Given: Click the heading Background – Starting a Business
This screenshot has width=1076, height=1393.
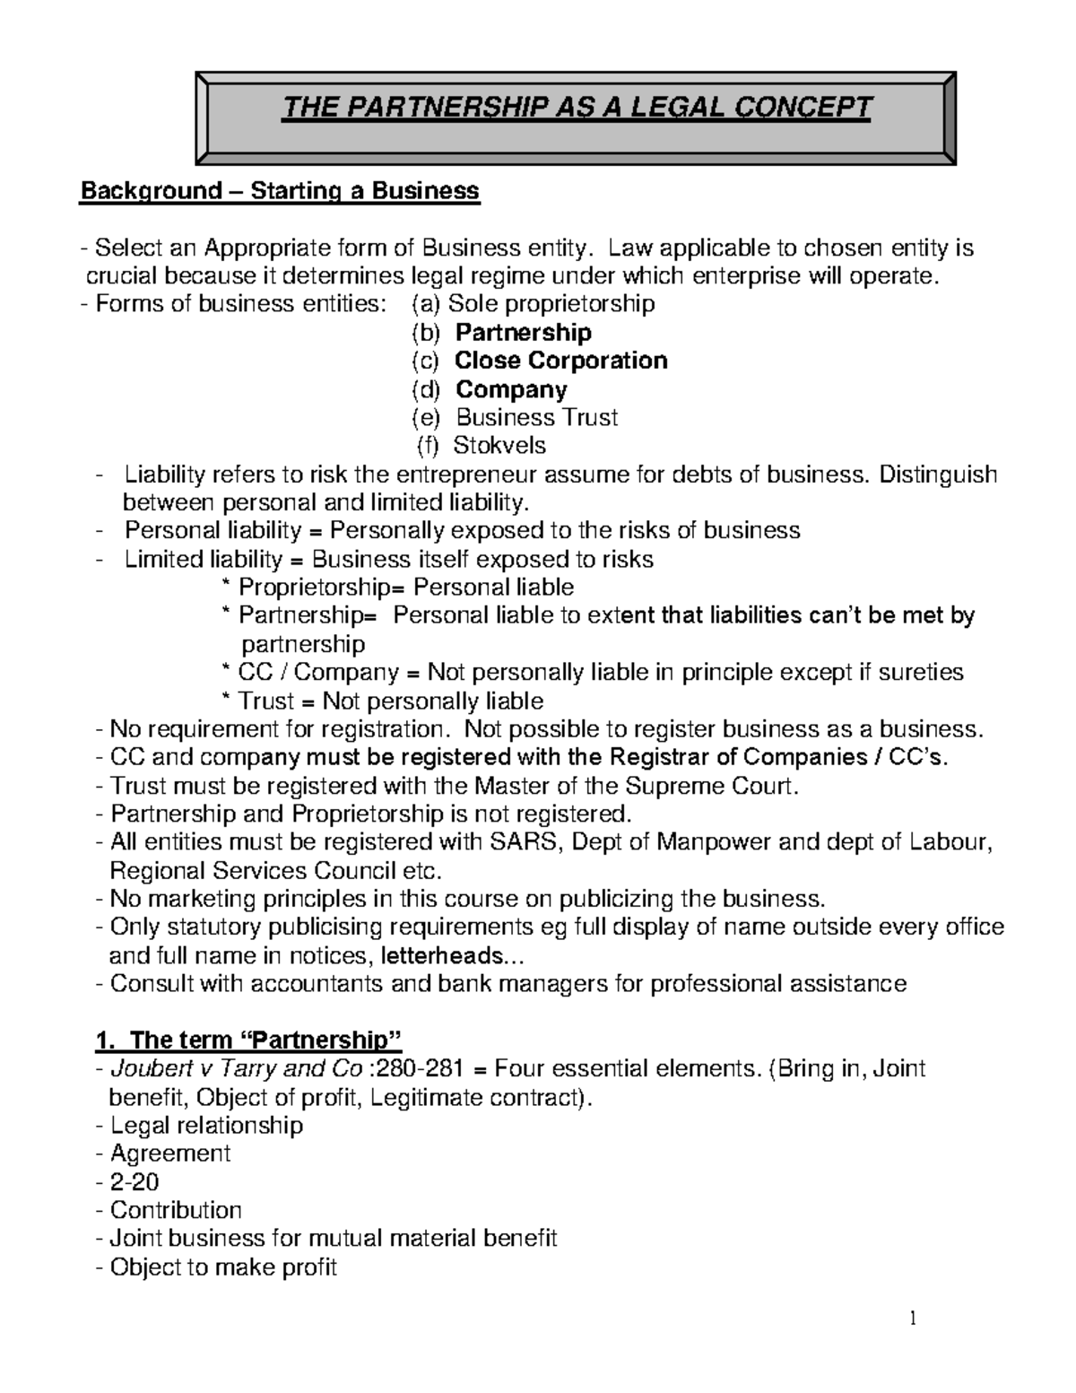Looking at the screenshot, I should click(281, 191).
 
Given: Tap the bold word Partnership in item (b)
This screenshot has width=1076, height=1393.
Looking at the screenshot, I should click(524, 333).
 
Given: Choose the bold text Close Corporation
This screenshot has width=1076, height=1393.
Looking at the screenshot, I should click(561, 361).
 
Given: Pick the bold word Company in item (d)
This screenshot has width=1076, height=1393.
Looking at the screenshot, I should click(511, 389).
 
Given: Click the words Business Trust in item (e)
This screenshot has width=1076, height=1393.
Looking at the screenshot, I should click(537, 417).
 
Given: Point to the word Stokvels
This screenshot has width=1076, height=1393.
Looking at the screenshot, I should click(499, 446).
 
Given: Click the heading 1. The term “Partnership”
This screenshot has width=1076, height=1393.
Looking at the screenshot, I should click(248, 1040).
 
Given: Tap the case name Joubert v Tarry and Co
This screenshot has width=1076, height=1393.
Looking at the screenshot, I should click(236, 1069).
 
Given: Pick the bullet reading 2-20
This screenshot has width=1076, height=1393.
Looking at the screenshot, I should click(134, 1182).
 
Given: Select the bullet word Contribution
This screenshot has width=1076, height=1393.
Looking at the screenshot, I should click(176, 1211).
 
